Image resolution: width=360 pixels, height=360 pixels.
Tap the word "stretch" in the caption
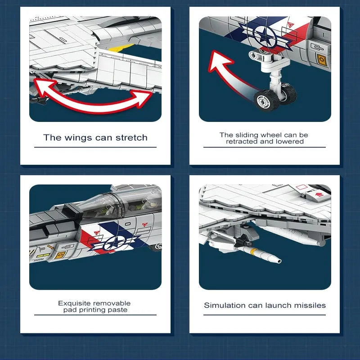tap(131, 138)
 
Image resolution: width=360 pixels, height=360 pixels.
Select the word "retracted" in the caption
tap(242, 141)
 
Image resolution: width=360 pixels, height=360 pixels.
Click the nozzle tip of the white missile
tap(279, 261)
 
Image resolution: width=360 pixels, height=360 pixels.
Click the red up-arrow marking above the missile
tap(319, 195)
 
